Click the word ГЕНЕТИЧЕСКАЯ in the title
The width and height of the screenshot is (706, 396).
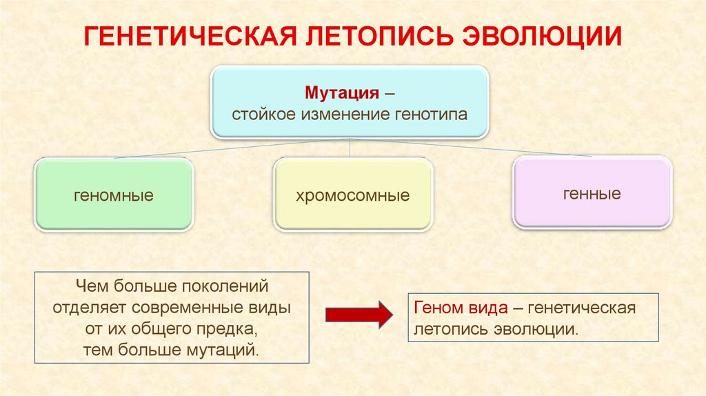coord(185,37)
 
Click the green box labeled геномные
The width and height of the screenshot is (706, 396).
coord(114,195)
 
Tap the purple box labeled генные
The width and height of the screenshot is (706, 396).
coord(592,194)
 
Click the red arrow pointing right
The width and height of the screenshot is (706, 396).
coord(359,315)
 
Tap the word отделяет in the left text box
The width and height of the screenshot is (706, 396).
coord(89,307)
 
